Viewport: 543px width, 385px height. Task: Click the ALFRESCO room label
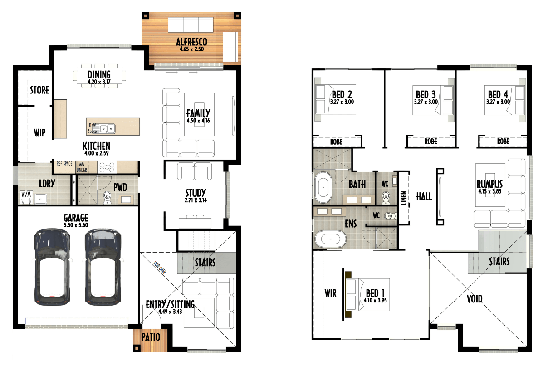coord(191,42)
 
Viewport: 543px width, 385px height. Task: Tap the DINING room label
coord(99,74)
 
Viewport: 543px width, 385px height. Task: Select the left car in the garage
coord(52,267)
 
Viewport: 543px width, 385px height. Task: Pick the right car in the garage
coord(103,267)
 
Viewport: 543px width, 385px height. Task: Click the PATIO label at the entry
coord(151,337)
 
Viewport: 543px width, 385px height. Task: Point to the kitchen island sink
coord(107,129)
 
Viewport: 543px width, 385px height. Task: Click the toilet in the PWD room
coord(108,198)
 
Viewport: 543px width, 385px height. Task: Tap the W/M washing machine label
coord(26,194)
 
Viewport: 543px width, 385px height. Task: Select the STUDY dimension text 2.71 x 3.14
coord(196,200)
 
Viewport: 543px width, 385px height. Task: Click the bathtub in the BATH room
coord(323,187)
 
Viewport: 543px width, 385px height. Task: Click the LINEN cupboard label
coord(403,198)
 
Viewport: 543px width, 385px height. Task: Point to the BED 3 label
coord(426,94)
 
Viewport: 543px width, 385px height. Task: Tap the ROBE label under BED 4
coord(503,141)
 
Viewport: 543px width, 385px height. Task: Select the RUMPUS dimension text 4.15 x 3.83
coord(489,191)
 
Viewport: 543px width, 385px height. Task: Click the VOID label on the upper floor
coord(475,298)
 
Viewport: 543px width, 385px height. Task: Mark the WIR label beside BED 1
coord(330,293)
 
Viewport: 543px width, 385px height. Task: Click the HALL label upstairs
coord(424,197)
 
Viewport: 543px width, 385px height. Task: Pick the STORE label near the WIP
coord(39,90)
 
